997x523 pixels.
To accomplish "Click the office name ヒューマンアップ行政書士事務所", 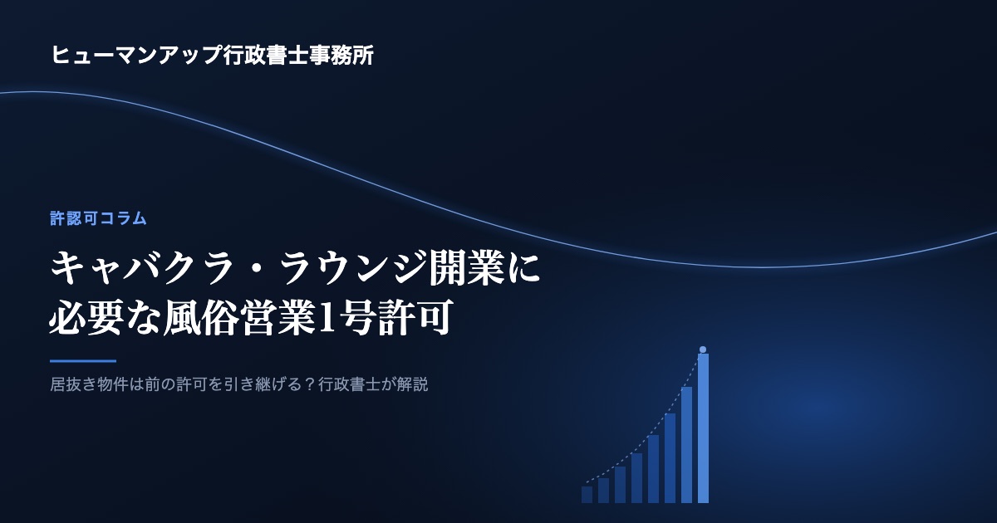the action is click(213, 55).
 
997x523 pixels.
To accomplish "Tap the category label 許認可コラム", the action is click(98, 218).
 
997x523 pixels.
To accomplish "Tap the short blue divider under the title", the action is click(83, 361).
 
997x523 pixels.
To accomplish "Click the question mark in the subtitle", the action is click(310, 384).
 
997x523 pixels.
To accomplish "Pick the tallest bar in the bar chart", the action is click(703, 428).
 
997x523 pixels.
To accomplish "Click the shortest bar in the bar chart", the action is click(587, 495).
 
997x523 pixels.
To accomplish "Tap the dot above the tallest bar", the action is click(703, 349).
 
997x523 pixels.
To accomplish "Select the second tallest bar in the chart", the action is click(687, 445).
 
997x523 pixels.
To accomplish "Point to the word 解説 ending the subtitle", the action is click(413, 384).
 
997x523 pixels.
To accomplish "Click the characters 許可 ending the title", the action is click(415, 317).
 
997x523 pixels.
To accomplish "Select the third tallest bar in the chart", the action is click(670, 458).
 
